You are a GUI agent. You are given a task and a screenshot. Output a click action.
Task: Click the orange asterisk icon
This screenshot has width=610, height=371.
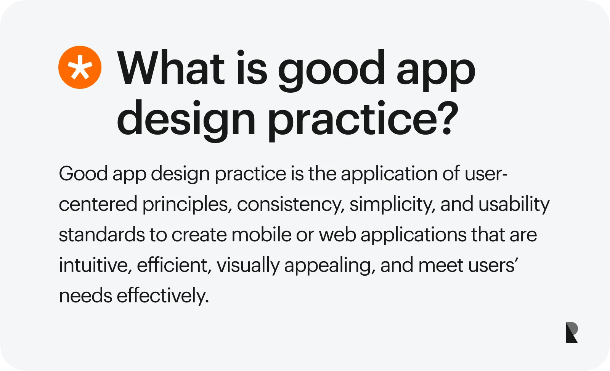tap(80, 67)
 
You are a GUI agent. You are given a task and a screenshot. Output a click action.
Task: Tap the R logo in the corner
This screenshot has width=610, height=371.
tap(571, 332)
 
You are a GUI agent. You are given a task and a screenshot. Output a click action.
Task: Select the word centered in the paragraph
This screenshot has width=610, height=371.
tap(98, 204)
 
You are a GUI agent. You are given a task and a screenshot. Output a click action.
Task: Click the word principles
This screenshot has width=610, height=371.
tap(187, 205)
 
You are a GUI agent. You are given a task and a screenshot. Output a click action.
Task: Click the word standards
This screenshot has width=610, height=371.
tap(102, 234)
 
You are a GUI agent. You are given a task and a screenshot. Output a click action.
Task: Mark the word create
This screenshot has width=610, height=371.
tap(199, 235)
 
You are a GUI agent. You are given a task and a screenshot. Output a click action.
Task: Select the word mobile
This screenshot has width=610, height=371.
tap(262, 234)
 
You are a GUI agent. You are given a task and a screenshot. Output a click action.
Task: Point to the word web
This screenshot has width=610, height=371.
tap(337, 234)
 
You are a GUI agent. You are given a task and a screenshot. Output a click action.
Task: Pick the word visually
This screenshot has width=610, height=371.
tap(248, 266)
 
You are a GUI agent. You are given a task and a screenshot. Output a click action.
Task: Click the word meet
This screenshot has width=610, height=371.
tap(441, 266)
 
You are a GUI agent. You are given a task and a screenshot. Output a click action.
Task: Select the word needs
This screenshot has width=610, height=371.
tap(85, 296)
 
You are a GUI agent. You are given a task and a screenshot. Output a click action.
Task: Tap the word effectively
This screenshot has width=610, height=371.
tap(163, 296)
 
